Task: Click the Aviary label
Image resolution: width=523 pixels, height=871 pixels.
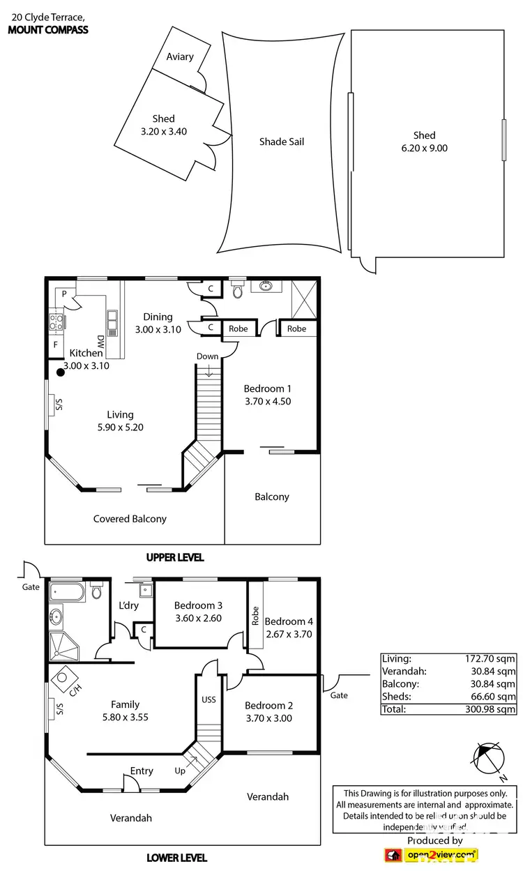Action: click(x=180, y=56)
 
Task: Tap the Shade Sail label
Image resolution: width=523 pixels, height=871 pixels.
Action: click(x=282, y=142)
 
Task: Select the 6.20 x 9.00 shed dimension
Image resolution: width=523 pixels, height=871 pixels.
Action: click(x=424, y=148)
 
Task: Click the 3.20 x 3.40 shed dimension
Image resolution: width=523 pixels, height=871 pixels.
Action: click(x=164, y=131)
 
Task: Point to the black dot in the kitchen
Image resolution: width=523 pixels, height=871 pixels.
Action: click(x=61, y=372)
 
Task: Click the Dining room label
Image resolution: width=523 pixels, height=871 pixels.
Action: click(x=158, y=317)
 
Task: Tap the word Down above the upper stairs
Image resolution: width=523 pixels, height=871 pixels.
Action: click(x=208, y=356)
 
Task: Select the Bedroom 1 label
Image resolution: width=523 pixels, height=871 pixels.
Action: click(x=268, y=388)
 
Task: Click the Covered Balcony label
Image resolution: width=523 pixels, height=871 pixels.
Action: click(x=130, y=518)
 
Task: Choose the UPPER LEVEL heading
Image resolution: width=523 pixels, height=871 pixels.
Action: click(x=174, y=557)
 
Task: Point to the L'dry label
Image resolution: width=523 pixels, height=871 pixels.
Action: click(x=129, y=605)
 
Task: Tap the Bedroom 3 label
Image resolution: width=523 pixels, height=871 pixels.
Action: click(x=198, y=605)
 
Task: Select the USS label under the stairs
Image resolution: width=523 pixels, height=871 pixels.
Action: click(x=209, y=699)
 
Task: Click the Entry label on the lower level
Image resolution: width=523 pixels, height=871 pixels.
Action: click(x=142, y=771)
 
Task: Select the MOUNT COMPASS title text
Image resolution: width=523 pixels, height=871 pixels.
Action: click(x=47, y=29)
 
